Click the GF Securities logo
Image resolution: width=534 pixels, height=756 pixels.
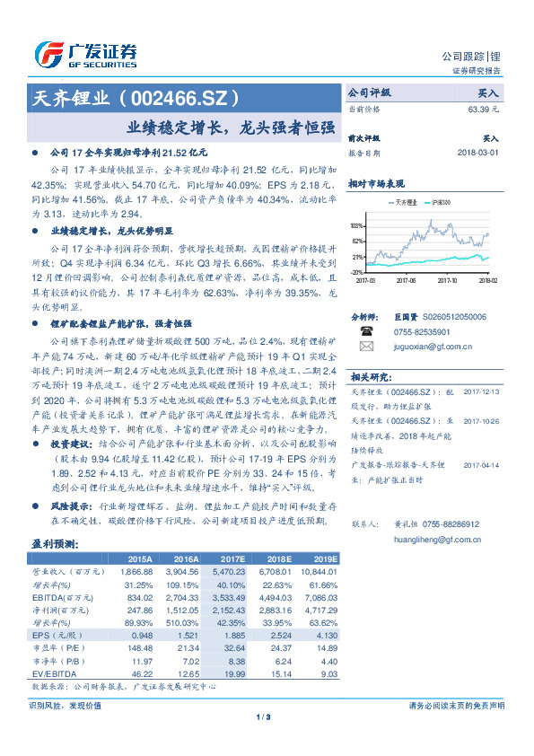pyautogui.click(x=84, y=53)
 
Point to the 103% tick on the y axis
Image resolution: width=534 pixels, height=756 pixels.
pyautogui.click(x=356, y=225)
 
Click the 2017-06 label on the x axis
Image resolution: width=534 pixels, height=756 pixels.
pyautogui.click(x=407, y=279)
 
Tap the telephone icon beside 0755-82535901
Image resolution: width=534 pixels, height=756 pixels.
pyautogui.click(x=365, y=330)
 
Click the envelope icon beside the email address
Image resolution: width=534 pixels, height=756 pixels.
pyautogui.click(x=365, y=346)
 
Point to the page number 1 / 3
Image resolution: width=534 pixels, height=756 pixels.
pyautogui.click(x=267, y=716)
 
